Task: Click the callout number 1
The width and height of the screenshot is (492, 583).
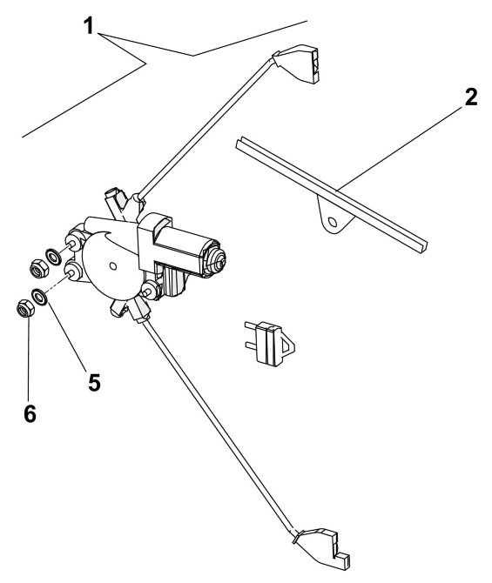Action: pos(89,26)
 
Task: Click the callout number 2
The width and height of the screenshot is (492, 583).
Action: pos(470,97)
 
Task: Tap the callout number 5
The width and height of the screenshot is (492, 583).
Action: pos(94,382)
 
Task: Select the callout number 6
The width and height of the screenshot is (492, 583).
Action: pos(30,413)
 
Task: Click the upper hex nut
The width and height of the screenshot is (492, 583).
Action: pos(38,268)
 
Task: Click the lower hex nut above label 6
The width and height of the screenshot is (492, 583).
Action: pos(25,308)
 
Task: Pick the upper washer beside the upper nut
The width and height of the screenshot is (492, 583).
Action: pos(54,257)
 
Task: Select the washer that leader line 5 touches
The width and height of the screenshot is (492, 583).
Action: pos(39,297)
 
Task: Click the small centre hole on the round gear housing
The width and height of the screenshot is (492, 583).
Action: pos(113,266)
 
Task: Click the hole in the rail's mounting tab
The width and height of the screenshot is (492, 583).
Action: pos(333,223)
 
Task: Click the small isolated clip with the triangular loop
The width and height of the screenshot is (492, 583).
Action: pos(270,343)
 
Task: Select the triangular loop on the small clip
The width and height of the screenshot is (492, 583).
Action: pos(287,343)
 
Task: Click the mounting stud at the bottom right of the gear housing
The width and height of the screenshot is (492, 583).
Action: pos(150,289)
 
